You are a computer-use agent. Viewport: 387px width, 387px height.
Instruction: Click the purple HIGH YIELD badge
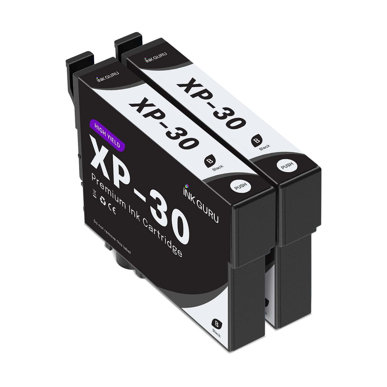107,135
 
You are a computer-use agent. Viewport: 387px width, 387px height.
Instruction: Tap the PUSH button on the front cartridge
240,186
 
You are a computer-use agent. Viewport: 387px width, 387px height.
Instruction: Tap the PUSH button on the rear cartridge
287,166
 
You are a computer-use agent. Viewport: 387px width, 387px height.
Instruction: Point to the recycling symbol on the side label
103,201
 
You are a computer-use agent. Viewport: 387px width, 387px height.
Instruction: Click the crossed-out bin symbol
94,193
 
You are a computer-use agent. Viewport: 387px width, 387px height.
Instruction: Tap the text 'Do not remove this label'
112,237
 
